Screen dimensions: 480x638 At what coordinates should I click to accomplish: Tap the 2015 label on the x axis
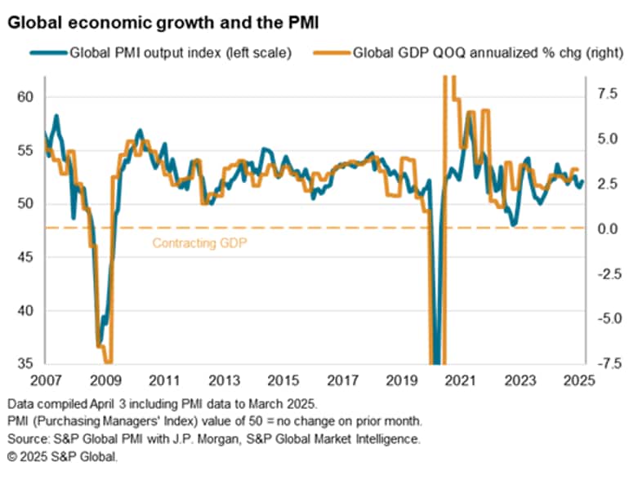coord(283,380)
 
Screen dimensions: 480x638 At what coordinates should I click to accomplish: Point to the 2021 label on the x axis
coord(459,380)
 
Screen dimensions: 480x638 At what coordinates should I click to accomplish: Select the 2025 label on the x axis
coord(577,380)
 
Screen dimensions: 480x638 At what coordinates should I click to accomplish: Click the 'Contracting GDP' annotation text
coord(200,243)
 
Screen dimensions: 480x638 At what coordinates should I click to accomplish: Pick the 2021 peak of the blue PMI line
coord(470,113)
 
